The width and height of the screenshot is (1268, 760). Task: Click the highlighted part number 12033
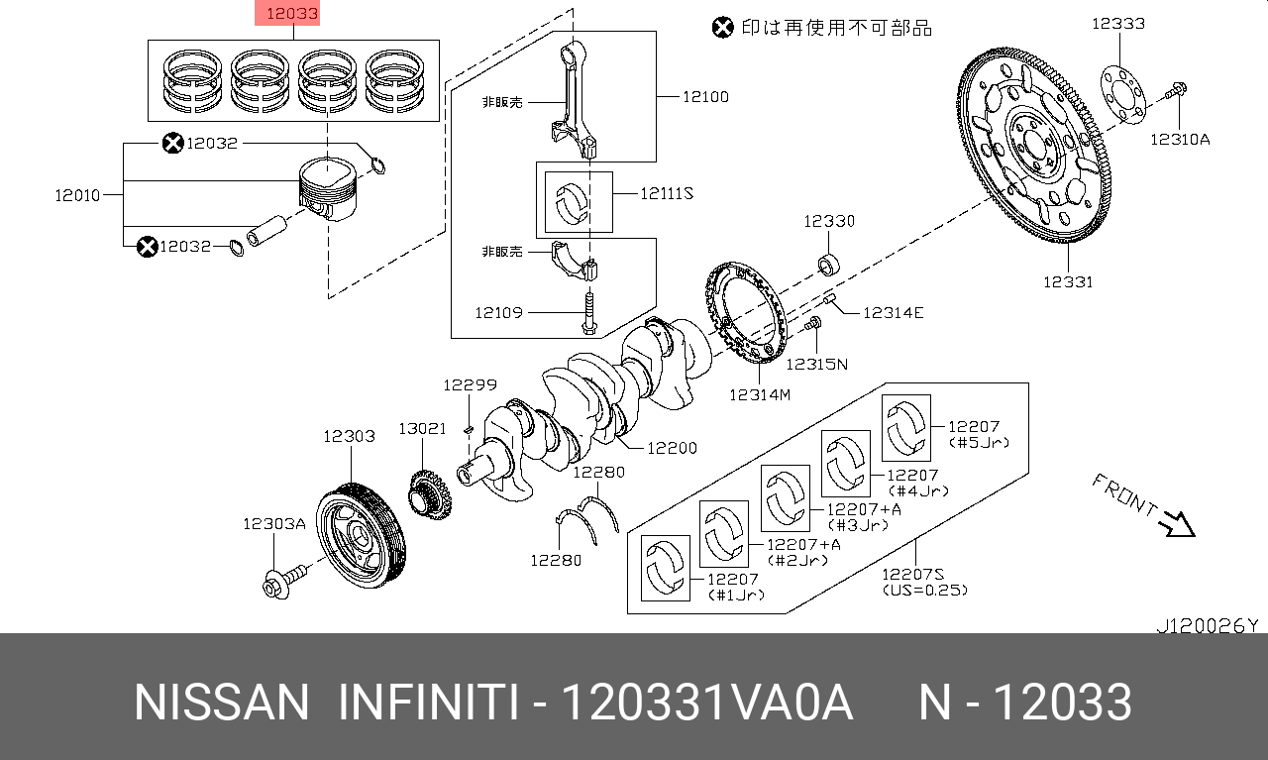(x=291, y=14)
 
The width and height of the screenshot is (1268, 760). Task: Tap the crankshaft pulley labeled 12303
(x=360, y=535)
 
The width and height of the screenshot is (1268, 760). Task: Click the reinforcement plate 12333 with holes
(x=1126, y=94)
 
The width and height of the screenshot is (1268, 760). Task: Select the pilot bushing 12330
(x=830, y=266)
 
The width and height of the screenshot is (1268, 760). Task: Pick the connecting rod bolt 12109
(x=587, y=313)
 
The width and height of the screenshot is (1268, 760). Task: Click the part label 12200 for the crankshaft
(x=672, y=448)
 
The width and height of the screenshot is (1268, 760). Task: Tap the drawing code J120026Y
(x=1207, y=625)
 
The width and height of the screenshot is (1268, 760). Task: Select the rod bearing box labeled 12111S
(x=579, y=201)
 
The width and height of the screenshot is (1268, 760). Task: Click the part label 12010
(x=77, y=195)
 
